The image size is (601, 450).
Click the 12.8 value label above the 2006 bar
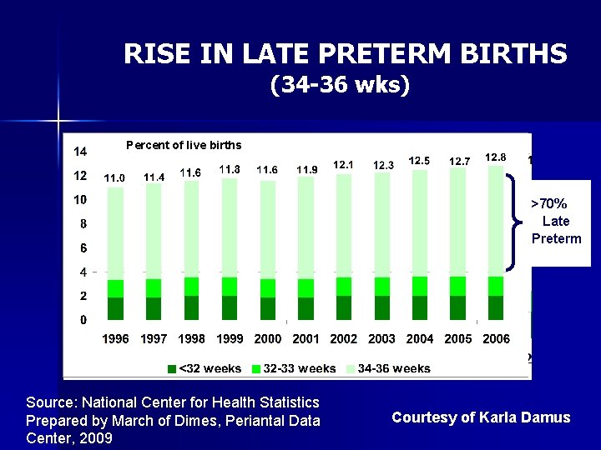495,157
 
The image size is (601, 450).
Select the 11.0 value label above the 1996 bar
114,177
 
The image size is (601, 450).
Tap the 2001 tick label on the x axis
306,339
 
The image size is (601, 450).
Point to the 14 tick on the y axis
80,152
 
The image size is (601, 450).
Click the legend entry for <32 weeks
205,368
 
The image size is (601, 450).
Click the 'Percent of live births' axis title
184,145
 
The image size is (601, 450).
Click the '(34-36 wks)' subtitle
341,85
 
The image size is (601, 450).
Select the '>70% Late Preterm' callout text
556,221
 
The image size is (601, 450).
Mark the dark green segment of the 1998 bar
191,307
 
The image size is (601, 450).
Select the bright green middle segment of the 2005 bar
457,286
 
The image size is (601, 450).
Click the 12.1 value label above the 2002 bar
343,165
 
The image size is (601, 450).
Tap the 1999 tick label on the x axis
230,339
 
